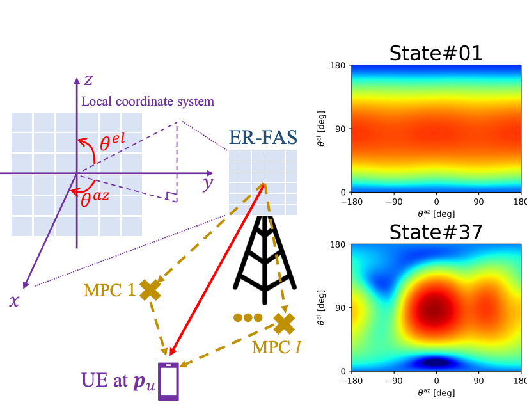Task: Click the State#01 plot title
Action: [436, 53]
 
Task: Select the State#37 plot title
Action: [436, 232]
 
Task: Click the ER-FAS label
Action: [263, 137]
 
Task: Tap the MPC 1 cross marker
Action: [150, 290]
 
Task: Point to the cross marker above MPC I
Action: [284, 324]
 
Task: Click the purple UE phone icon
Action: [168, 381]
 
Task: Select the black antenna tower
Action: [265, 260]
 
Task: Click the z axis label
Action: [88, 80]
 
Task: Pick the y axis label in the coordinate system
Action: [208, 183]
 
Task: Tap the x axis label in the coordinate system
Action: [14, 300]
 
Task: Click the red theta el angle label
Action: [113, 142]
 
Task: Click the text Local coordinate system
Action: [148, 101]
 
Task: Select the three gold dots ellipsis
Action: [248, 317]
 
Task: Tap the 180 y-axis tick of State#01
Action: [338, 65]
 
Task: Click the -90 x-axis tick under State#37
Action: [394, 381]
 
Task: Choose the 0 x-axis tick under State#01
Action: [436, 202]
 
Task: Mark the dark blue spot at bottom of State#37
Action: [436, 362]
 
